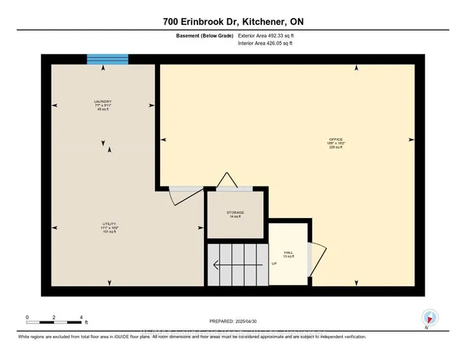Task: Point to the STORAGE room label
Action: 234,214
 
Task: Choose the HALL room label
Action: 288,254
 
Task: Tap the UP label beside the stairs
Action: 274,264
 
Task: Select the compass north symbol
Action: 429,317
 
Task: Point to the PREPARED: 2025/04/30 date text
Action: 233,320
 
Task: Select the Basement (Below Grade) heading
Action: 200,35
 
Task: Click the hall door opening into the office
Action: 313,259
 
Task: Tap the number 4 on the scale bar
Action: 81,318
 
